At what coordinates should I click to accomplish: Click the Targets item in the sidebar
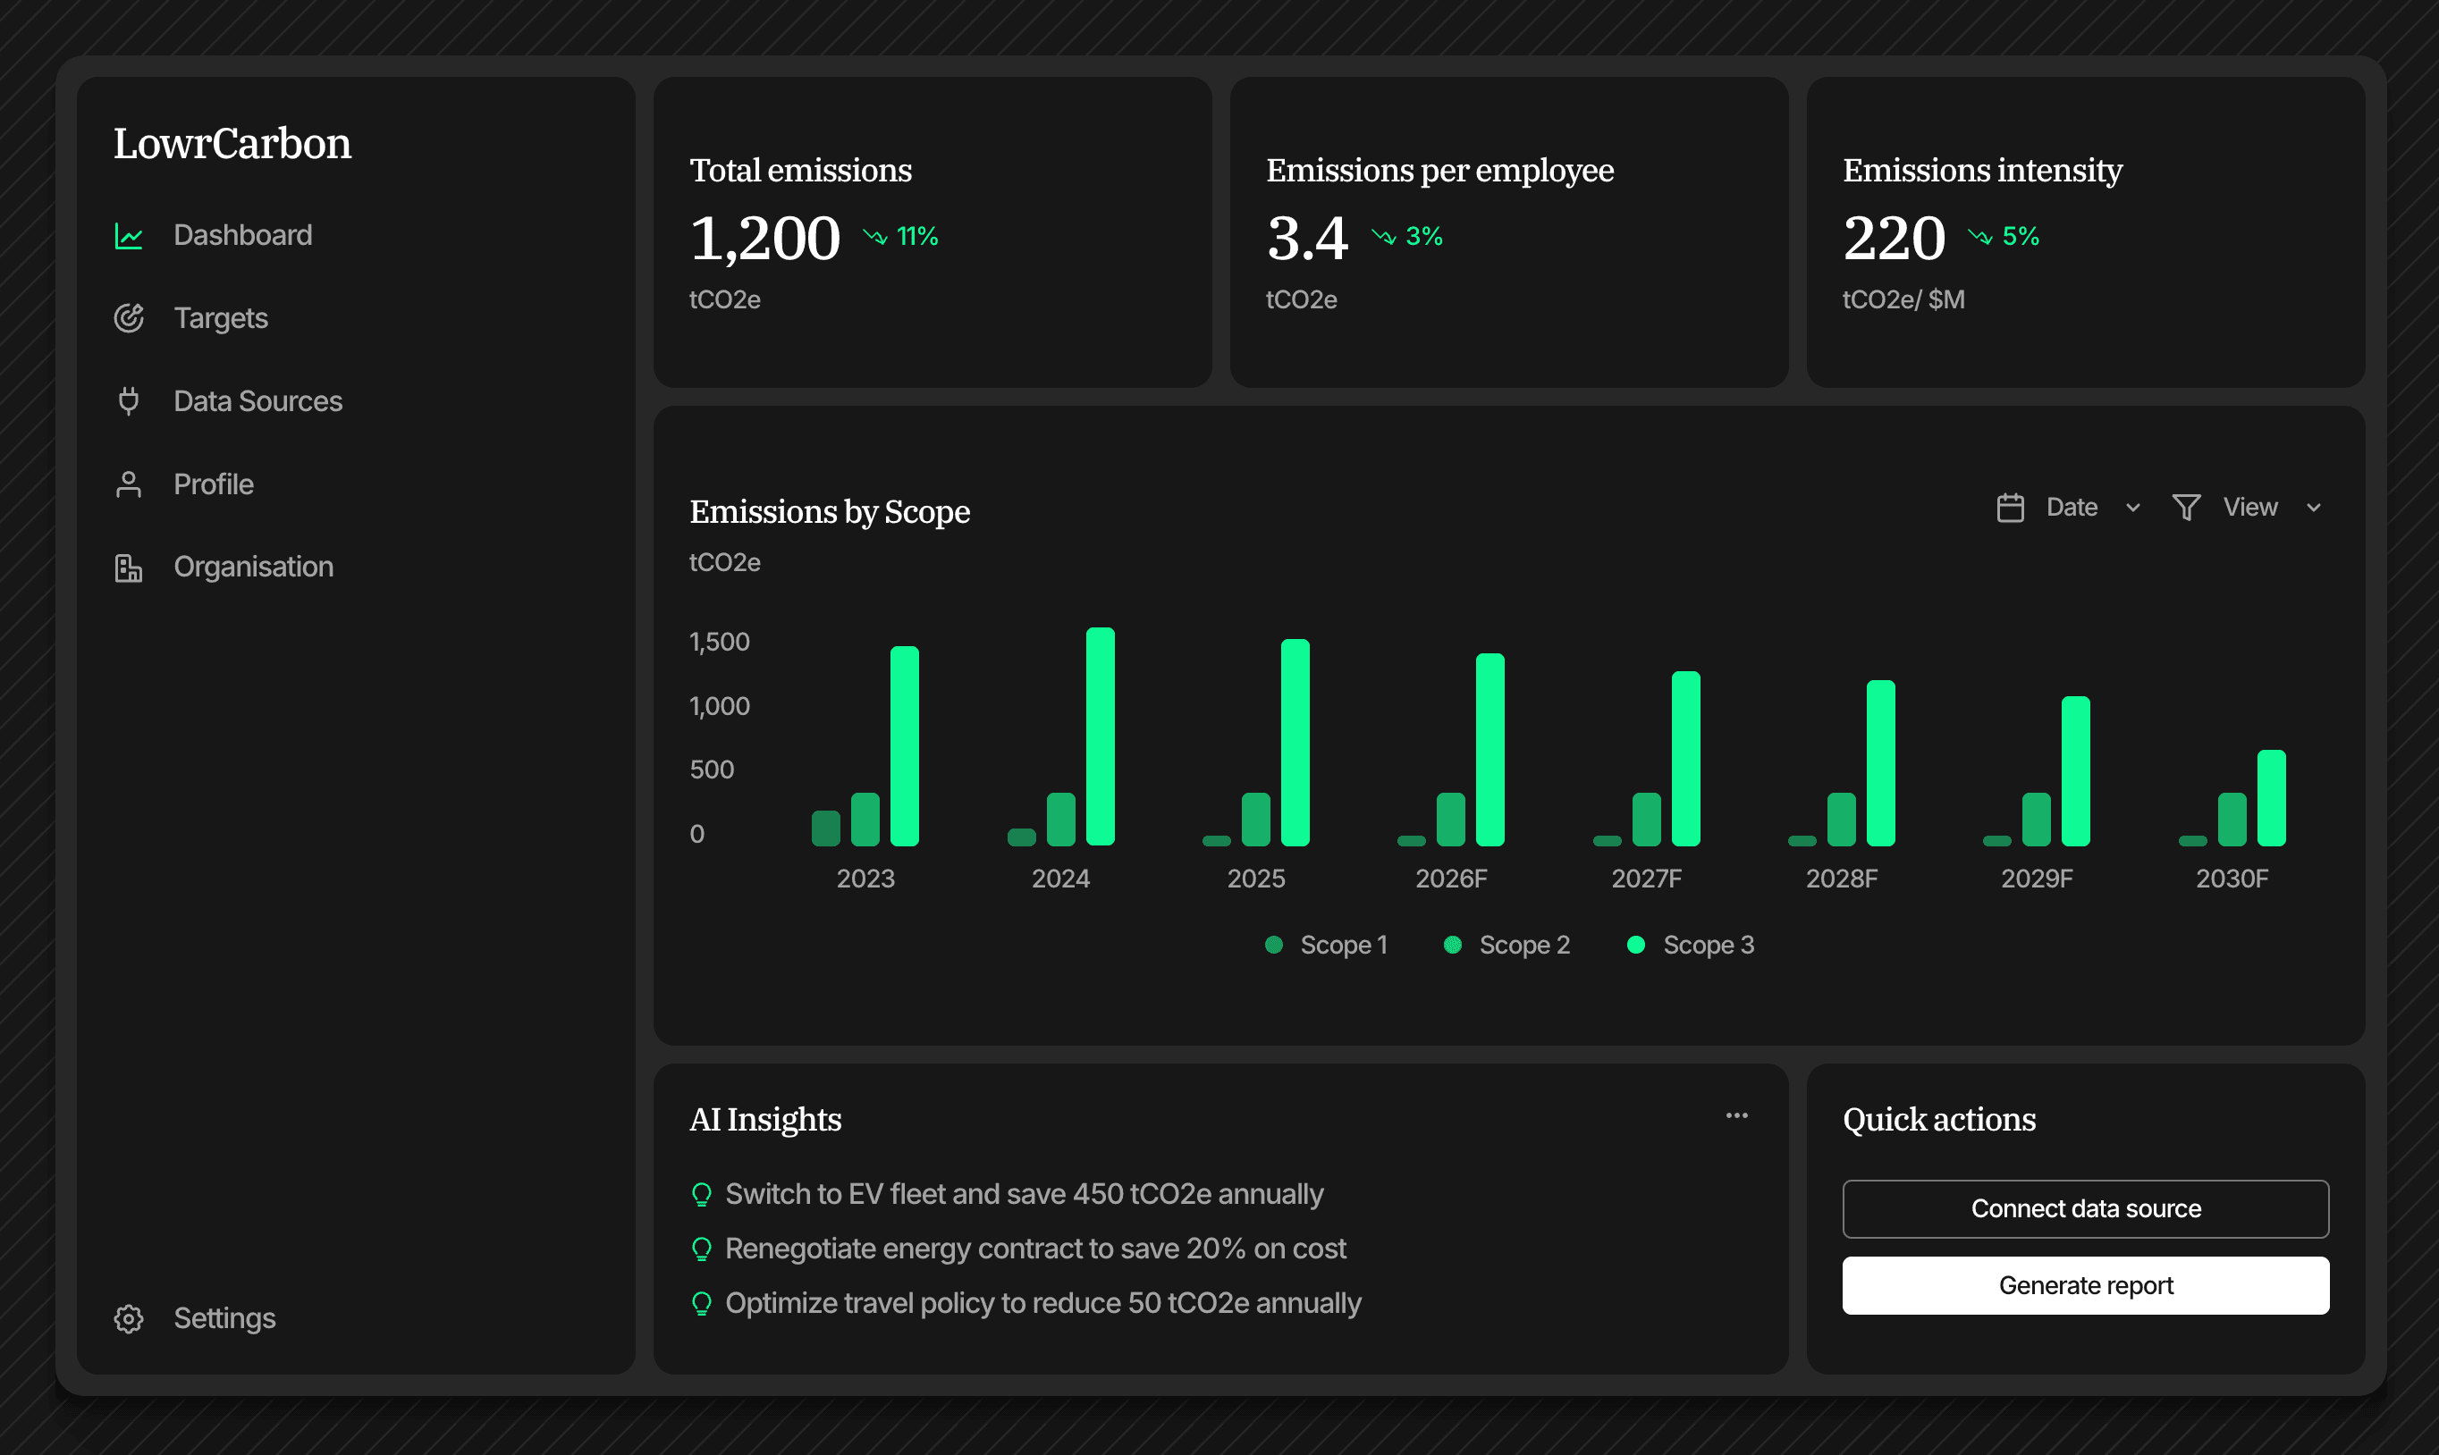tap(220, 319)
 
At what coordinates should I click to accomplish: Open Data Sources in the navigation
tap(257, 401)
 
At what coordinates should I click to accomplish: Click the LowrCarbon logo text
tap(232, 144)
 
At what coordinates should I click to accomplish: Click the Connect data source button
tap(2085, 1208)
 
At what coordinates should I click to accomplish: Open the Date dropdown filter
tap(2069, 507)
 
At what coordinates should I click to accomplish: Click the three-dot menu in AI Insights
tap(1736, 1115)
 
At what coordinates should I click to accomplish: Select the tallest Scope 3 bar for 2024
tap(1100, 736)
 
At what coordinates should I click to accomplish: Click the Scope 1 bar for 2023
tap(826, 828)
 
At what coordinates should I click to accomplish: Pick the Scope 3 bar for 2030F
tap(2270, 797)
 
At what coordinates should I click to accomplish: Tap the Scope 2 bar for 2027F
tap(1646, 819)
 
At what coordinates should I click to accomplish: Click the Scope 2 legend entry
tap(1507, 946)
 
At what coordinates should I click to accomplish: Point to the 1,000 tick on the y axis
tap(719, 706)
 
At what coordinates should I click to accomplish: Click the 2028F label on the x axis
tap(1841, 879)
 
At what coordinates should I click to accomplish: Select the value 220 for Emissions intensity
tap(1893, 239)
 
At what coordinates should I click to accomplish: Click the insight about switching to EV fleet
tap(1023, 1193)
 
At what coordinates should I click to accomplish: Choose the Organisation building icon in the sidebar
tap(129, 568)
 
